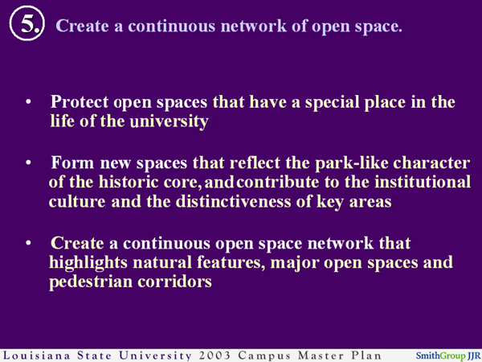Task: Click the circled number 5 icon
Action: tap(27, 25)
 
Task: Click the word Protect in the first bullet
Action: tap(79, 103)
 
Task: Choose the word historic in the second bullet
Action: tap(123, 183)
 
